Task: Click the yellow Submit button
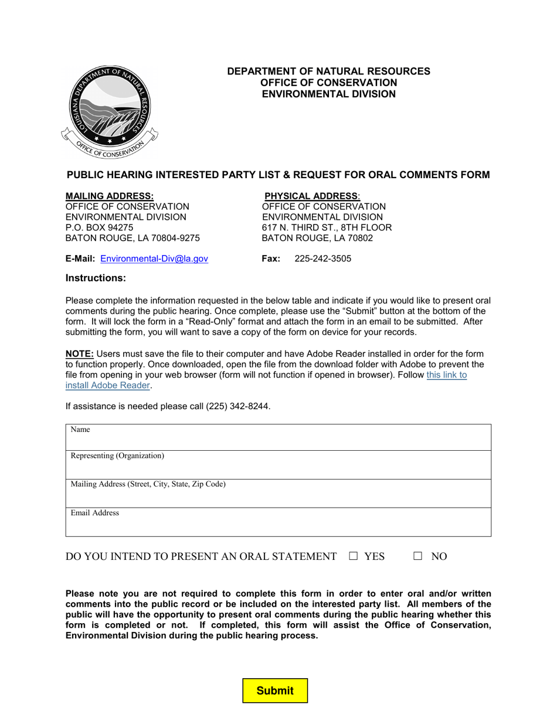[275, 691]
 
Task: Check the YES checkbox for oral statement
[353, 556]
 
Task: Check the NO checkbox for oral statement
[417, 556]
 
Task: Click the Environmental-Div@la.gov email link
[154, 259]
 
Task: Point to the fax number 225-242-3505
[322, 259]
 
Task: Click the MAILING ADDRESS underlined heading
[110, 196]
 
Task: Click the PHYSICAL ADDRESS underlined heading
[312, 196]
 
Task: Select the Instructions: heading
[96, 278]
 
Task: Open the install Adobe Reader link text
[108, 385]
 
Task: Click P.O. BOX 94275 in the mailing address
[99, 227]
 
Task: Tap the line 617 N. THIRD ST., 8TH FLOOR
[327, 227]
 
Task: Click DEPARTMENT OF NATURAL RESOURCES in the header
[328, 71]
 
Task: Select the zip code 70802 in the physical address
[359, 238]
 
